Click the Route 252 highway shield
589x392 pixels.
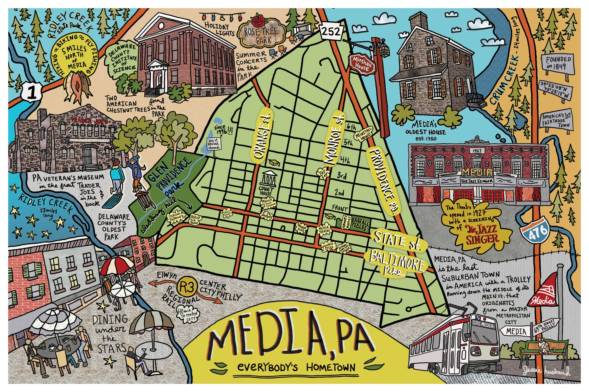pos(331,31)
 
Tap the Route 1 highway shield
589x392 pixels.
pos(31,92)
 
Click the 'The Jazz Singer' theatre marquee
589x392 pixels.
pos(477,181)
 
